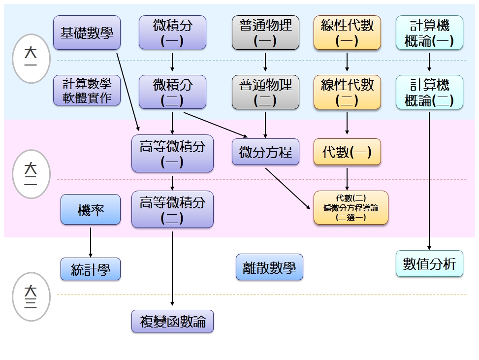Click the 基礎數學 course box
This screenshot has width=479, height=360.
click(87, 33)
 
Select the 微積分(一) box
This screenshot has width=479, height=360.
click(172, 33)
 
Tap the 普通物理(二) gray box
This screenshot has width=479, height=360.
click(265, 92)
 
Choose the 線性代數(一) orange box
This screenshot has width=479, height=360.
click(347, 33)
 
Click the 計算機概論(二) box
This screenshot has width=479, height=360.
click(429, 92)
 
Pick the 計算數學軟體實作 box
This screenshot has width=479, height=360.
click(87, 90)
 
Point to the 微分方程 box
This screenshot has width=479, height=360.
click(265, 152)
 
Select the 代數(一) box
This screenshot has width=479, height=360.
click(347, 152)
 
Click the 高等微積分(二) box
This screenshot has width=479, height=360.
click(172, 209)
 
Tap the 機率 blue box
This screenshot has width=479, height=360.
click(91, 209)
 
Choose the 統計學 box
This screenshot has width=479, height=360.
click(91, 269)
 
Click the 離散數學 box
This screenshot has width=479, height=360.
click(269, 267)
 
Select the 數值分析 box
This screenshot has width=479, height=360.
click(429, 263)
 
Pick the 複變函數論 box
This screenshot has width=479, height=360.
click(172, 322)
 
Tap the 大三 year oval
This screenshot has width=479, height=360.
click(31, 296)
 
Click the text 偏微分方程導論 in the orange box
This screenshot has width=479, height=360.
click(351, 208)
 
